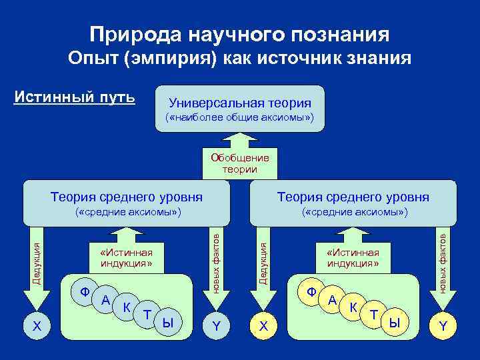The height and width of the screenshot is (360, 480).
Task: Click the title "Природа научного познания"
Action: pos(239,34)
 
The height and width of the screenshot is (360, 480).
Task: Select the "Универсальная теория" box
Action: pos(239,109)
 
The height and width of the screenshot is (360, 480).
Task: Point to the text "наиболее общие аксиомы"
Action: pos(239,119)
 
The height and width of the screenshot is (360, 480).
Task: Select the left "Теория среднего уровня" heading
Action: pos(127,197)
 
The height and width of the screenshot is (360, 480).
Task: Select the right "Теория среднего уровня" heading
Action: pos(353,197)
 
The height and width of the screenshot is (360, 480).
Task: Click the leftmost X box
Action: pos(37,325)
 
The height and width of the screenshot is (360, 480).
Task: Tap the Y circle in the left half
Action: pos(215,325)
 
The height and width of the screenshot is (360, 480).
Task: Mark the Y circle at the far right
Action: pos(443,325)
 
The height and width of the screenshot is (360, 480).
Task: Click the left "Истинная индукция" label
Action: pos(126,257)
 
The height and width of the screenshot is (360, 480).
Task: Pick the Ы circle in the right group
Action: pos(395,323)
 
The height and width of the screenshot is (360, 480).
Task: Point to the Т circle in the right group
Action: pos(375,314)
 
